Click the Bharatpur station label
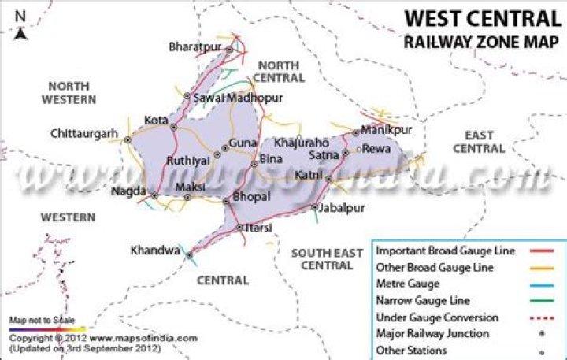coord(195,47)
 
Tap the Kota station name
coord(156,121)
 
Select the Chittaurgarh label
coord(83,133)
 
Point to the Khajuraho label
coord(301,143)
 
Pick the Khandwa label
coord(155,251)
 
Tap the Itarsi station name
coord(259,228)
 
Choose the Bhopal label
coord(252,195)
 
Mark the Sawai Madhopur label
coord(232,98)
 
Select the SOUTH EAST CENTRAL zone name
coord(327,259)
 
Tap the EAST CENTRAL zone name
coord(479,142)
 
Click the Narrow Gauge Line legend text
coord(423,300)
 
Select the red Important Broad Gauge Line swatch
coord(543,251)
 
